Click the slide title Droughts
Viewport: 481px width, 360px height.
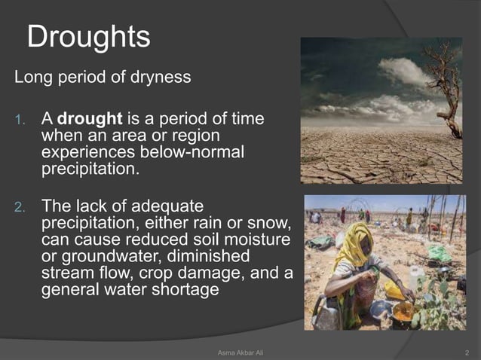tap(88, 37)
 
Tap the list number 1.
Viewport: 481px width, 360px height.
tap(21, 120)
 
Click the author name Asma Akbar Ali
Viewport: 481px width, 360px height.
tap(240, 352)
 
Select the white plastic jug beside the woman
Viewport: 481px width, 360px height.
tap(415, 279)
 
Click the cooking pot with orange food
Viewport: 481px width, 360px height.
tap(403, 310)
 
